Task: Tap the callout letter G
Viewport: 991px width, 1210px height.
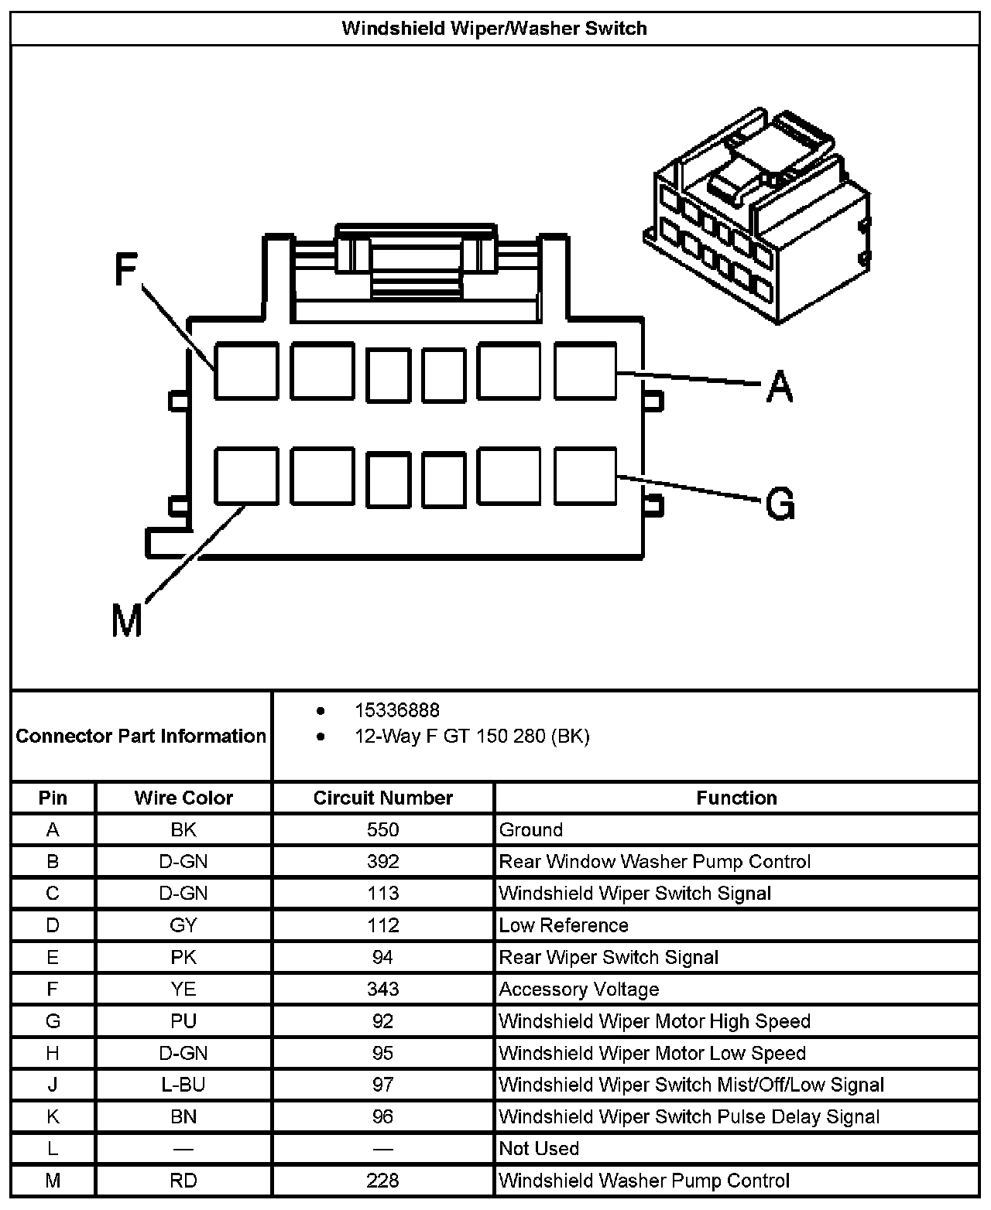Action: click(780, 504)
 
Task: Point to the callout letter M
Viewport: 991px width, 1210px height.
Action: click(127, 620)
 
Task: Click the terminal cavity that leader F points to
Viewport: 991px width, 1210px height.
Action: click(246, 371)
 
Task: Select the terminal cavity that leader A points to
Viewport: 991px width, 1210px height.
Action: click(586, 371)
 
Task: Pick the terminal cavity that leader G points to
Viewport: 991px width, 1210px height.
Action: click(586, 476)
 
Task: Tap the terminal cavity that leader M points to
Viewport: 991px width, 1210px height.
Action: click(246, 476)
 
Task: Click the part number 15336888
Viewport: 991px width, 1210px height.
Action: click(396, 710)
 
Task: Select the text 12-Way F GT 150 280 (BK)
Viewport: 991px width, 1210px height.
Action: click(471, 737)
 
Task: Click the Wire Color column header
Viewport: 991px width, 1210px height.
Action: click(183, 798)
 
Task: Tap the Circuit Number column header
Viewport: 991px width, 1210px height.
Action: click(382, 798)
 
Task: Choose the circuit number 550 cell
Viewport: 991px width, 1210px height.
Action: click(382, 830)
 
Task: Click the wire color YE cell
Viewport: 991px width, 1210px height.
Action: click(183, 990)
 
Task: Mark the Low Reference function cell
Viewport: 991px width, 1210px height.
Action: click(564, 926)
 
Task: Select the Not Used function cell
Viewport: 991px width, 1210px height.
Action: click(539, 1149)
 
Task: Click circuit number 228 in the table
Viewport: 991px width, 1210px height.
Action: click(382, 1181)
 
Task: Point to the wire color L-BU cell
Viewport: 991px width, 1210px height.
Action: click(183, 1085)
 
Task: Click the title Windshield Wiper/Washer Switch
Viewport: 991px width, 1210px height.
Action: click(495, 29)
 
